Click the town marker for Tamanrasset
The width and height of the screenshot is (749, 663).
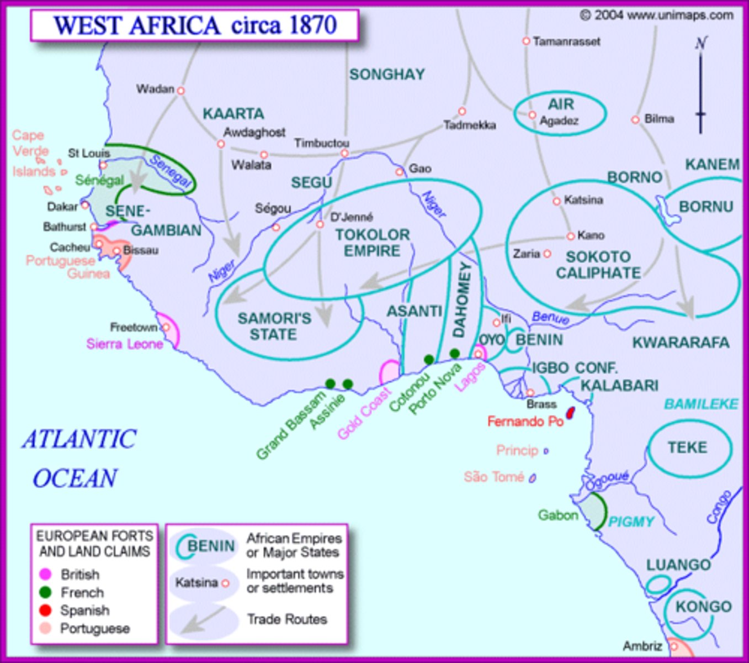click(x=526, y=41)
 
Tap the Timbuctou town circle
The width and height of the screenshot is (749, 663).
click(x=344, y=153)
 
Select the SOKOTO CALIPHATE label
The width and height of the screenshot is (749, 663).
click(x=598, y=265)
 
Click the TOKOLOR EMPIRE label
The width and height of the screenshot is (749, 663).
click(x=373, y=243)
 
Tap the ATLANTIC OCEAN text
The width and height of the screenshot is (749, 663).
click(x=78, y=459)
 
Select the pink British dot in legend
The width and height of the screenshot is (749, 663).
click(x=46, y=575)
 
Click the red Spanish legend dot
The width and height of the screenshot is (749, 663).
click(x=46, y=611)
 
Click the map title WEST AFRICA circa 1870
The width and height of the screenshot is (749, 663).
click(x=195, y=25)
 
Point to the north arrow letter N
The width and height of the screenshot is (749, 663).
click(x=701, y=43)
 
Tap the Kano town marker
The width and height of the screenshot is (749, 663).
click(x=571, y=236)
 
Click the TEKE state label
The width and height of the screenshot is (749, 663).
click(x=687, y=447)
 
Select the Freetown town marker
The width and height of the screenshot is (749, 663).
click(x=165, y=328)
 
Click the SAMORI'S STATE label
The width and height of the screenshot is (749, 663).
click(x=274, y=327)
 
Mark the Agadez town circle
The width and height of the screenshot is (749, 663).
click(x=532, y=115)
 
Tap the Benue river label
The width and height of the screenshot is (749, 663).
click(x=550, y=318)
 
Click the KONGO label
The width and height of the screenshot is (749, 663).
click(x=703, y=607)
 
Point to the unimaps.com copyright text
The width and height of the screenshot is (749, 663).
click(x=656, y=15)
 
